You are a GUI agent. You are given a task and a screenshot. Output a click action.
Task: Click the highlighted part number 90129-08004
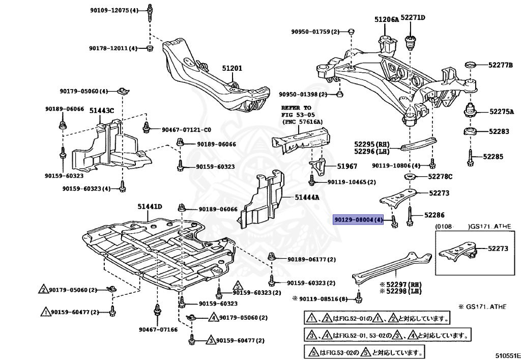click(358, 220)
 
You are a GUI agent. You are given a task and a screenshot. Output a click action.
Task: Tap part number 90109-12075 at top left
click(109, 10)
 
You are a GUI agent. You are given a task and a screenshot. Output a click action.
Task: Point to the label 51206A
click(387, 19)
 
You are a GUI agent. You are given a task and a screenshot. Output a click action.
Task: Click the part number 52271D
click(413, 18)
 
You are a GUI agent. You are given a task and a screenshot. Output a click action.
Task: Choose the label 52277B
click(501, 65)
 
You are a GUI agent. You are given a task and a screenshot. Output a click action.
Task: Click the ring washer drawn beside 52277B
click(471, 65)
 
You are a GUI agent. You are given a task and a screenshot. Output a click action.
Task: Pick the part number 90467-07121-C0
click(186, 129)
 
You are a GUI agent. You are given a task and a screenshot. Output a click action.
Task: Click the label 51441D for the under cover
click(149, 206)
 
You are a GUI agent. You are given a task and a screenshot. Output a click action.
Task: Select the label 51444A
click(307, 197)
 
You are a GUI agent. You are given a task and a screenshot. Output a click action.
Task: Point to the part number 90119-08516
click(326, 299)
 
